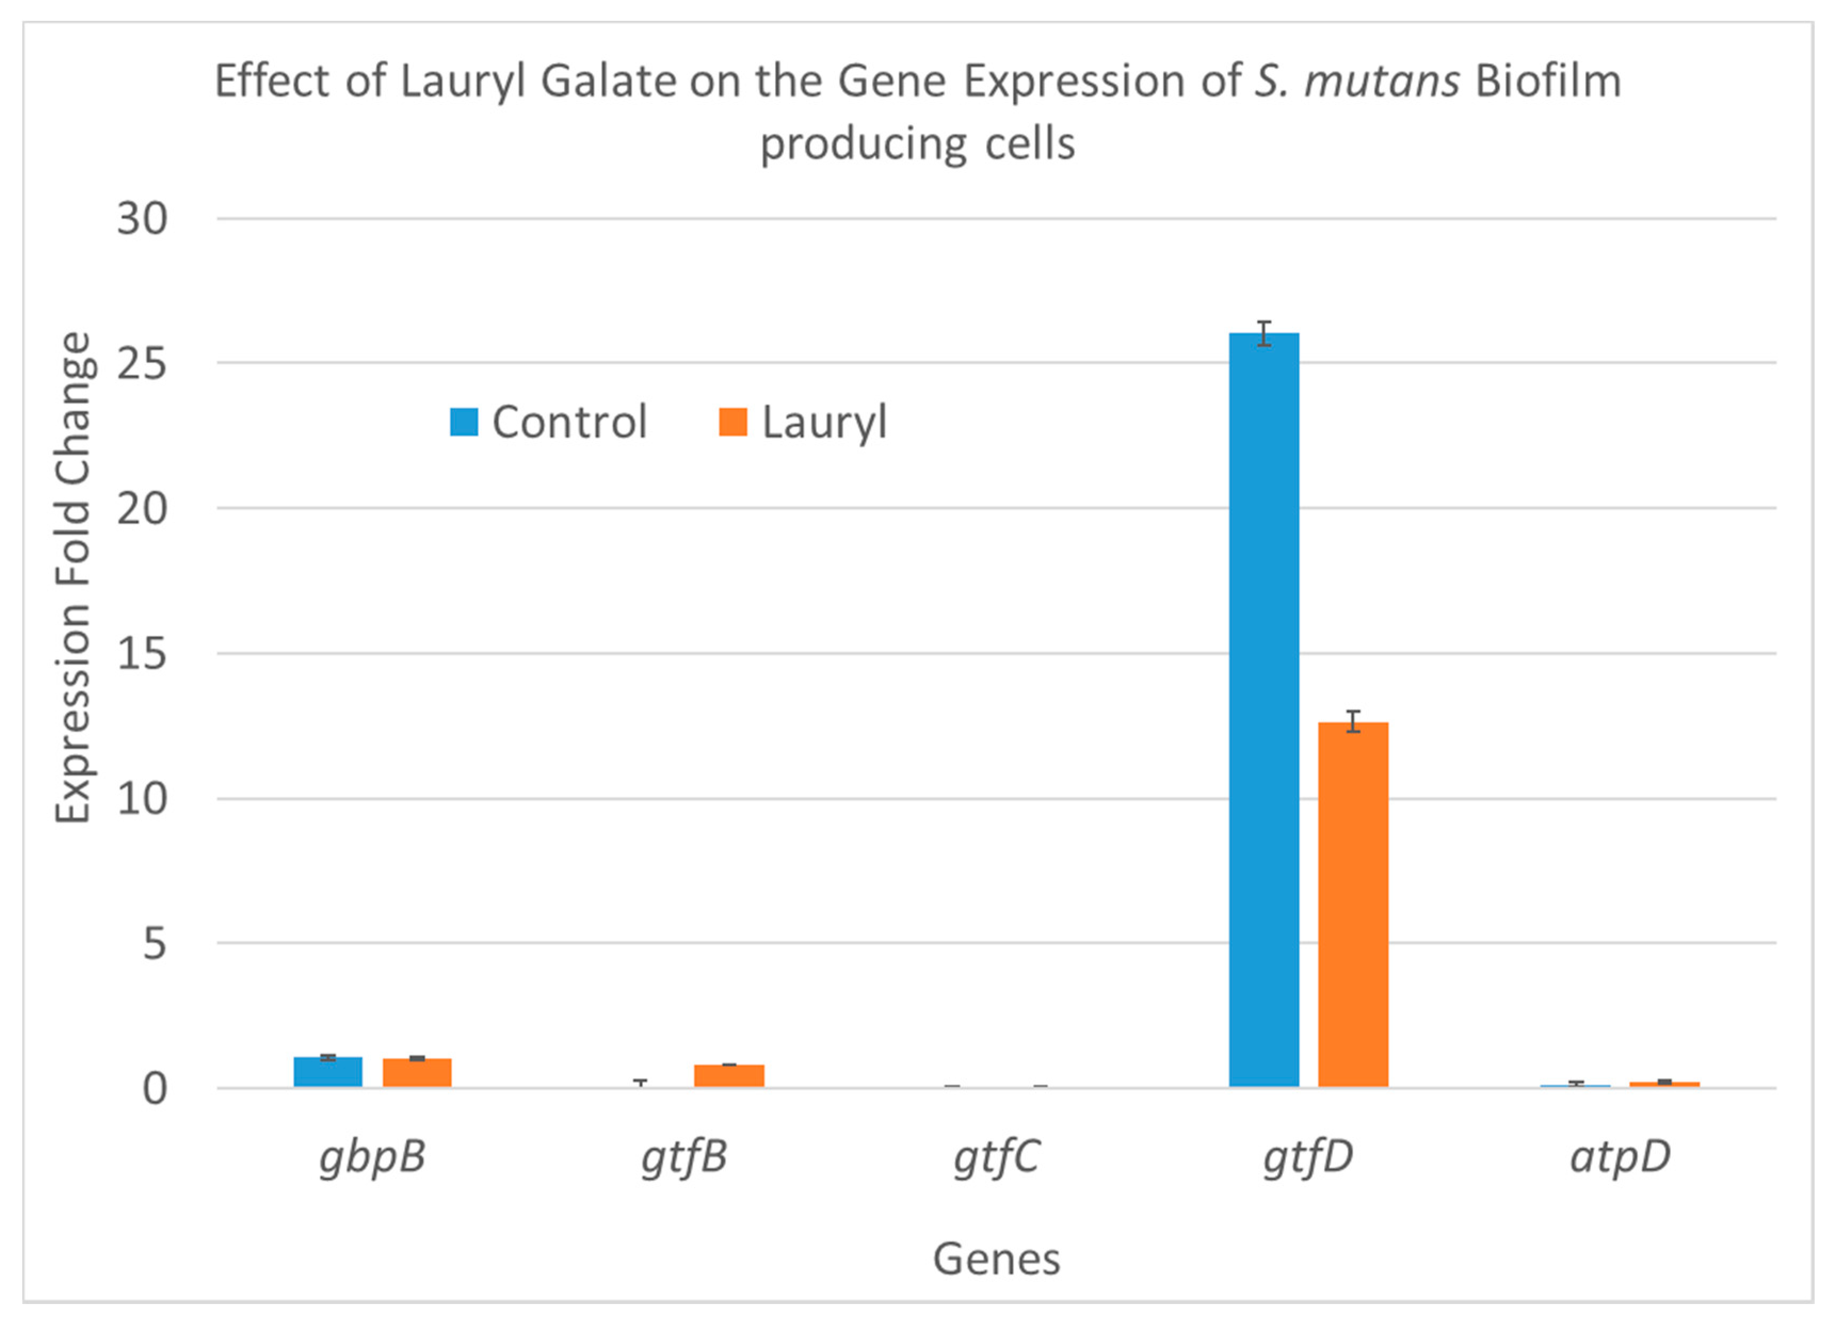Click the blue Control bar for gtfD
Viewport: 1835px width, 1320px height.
[1264, 712]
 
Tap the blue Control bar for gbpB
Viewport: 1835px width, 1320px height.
[328, 1073]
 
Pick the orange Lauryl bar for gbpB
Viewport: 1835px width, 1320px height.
[417, 1073]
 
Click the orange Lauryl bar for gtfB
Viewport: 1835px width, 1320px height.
[729, 1076]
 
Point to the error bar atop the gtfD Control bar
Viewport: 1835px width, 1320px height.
[1264, 333]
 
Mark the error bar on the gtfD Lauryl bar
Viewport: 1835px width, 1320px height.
[1353, 722]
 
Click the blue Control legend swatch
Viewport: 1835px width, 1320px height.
[464, 422]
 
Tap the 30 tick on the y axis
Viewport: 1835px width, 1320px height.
[142, 218]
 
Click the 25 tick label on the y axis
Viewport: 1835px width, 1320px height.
[142, 364]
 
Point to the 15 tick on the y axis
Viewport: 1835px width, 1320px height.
[142, 653]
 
